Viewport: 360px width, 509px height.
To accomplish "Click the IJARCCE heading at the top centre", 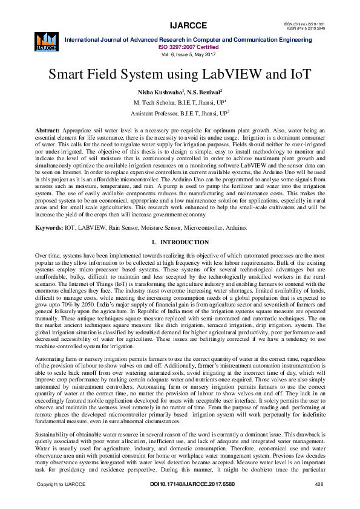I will tap(180, 25).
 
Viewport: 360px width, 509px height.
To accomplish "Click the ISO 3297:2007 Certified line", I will tap(180, 46).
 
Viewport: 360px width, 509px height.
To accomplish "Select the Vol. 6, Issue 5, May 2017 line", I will tap(180, 54).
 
